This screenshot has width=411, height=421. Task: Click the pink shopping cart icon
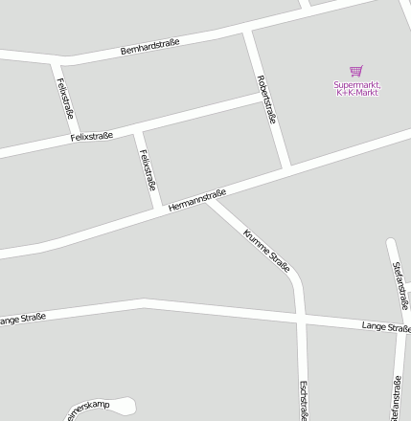[x=356, y=71]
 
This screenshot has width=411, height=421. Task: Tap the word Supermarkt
[x=356, y=84]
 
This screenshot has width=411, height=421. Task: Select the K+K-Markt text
[x=357, y=92]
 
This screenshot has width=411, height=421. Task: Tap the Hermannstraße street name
[x=196, y=200]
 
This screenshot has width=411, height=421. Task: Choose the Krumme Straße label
[x=266, y=251]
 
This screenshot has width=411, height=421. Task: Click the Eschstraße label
[x=303, y=401]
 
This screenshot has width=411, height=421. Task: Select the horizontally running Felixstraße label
[x=92, y=137]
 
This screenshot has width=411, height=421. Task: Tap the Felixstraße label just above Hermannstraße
[x=148, y=169]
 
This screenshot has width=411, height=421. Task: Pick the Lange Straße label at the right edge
[x=386, y=327]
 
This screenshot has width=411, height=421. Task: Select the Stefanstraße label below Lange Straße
[x=396, y=398]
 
